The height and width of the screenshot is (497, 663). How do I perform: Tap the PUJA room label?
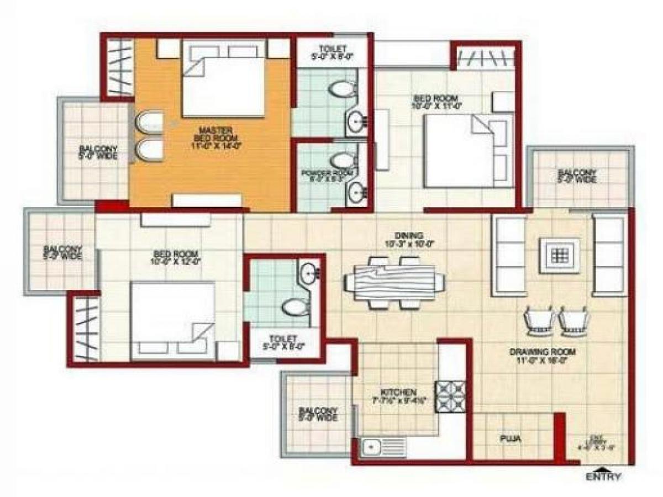(x=509, y=440)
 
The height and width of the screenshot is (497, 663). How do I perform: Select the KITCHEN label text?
(x=393, y=392)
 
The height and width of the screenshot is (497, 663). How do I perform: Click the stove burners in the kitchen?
(x=451, y=397)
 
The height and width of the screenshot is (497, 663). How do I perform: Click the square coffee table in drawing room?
(x=559, y=256)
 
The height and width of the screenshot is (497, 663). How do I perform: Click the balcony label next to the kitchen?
(x=318, y=414)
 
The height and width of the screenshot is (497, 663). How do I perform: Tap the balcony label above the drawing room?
(x=577, y=176)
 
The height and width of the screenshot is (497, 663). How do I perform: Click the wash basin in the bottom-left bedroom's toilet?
(x=308, y=272)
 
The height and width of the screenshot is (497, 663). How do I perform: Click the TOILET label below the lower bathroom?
(x=284, y=342)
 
